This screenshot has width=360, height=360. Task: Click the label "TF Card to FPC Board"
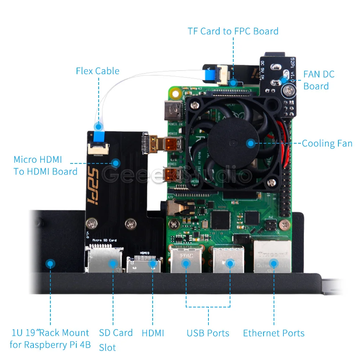click(x=233, y=31)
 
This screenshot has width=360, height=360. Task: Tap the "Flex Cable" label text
click(x=98, y=71)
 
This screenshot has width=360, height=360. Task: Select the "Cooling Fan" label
click(x=327, y=143)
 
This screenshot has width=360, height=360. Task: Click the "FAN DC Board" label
click(x=319, y=80)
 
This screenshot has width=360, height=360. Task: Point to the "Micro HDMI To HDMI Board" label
click(x=45, y=165)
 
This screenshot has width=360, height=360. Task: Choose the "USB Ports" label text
click(x=208, y=333)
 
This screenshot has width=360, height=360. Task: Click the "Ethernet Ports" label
click(x=274, y=333)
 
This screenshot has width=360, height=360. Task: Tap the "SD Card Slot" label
click(x=116, y=339)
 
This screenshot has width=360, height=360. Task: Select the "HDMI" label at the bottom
click(x=153, y=333)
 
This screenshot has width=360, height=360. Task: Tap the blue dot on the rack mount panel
click(x=50, y=264)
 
